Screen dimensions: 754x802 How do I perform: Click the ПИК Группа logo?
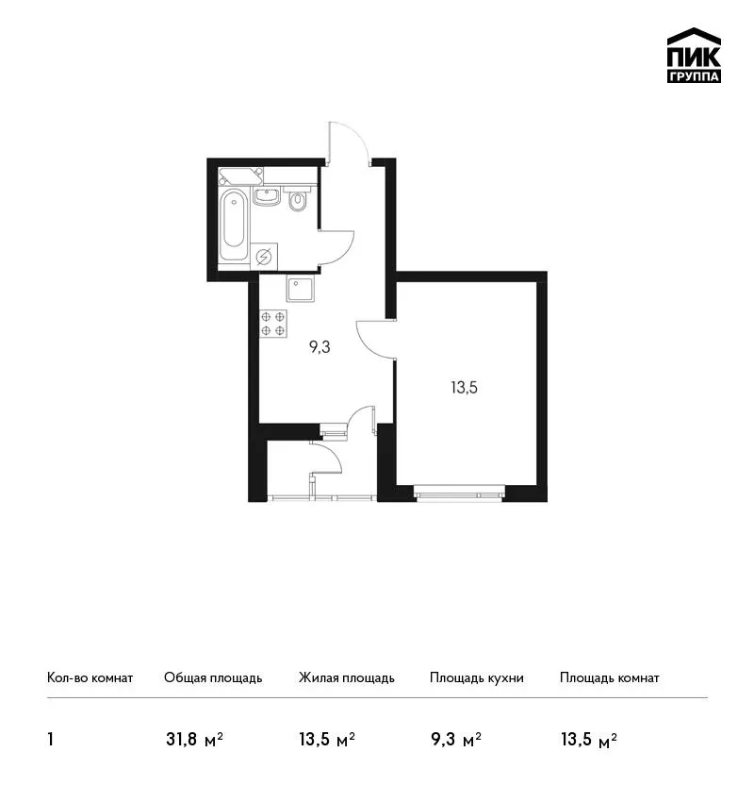(694, 56)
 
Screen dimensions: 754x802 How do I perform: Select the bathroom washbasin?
(267, 196)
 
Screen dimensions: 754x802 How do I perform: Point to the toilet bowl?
(297, 200)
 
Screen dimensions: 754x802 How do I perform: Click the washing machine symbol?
(264, 257)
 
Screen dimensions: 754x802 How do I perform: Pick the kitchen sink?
(301, 290)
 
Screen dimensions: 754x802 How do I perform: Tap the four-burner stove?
(272, 324)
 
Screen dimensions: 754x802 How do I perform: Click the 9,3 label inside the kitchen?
(320, 347)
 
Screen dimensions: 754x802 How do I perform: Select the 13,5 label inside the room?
(464, 388)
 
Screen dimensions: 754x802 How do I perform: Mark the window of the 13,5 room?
(459, 494)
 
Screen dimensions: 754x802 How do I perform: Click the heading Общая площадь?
(213, 677)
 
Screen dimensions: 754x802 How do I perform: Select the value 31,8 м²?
(194, 739)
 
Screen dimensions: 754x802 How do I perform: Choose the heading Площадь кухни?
(477, 677)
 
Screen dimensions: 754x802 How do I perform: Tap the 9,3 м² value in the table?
(456, 739)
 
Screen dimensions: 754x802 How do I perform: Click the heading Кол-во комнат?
(90, 677)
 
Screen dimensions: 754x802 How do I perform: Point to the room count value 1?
(50, 739)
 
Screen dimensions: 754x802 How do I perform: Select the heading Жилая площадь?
(346, 677)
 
